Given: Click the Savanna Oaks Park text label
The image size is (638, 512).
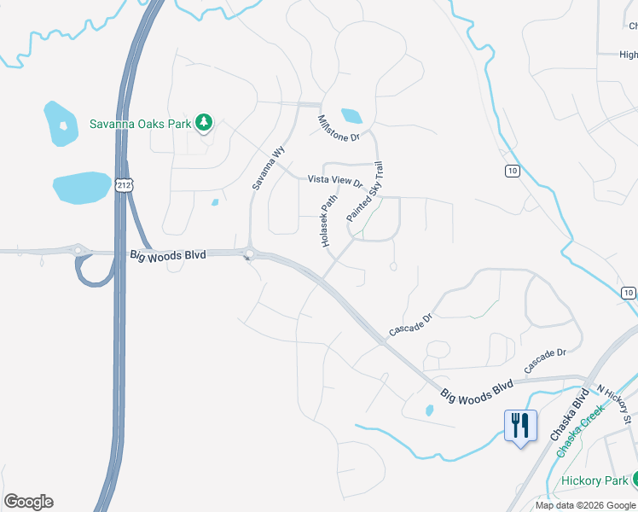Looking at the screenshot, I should click(141, 124).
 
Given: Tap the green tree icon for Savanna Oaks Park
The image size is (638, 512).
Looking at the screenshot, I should click(204, 123).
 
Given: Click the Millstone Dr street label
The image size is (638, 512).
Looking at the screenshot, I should click(339, 127).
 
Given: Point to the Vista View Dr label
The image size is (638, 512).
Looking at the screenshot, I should click(335, 181).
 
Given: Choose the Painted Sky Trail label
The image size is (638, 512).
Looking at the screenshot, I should click(366, 192).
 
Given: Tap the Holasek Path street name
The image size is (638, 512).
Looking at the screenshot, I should click(328, 220).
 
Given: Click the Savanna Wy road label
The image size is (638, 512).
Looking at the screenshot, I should click(267, 167).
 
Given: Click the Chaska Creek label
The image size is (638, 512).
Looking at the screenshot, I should click(581, 431).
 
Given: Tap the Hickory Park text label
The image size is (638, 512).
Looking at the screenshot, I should click(594, 480).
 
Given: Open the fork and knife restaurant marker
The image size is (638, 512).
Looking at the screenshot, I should click(520, 424).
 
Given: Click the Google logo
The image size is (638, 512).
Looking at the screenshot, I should click(28, 502).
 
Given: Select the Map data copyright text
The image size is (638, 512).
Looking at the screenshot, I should click(586, 505).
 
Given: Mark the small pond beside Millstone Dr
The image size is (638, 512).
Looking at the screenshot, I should click(351, 115).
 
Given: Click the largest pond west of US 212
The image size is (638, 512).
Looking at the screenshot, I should click(82, 188).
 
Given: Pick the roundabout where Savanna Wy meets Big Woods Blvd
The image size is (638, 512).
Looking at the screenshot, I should click(248, 253).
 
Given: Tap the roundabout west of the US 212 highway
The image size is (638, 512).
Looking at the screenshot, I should click(78, 251).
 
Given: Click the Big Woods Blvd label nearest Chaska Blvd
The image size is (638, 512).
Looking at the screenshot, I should click(478, 392).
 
